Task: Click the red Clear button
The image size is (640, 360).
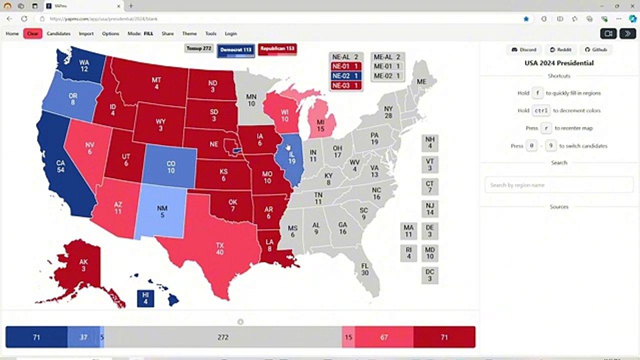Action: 32,33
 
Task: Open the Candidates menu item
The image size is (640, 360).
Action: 58,33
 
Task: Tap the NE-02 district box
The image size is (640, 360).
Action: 345,76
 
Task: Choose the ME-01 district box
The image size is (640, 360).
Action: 387,66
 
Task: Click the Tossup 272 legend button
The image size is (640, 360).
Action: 199,48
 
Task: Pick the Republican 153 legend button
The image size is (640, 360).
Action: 277,49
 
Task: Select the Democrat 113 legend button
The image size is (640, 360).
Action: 236,50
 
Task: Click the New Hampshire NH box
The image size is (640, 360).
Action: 429,143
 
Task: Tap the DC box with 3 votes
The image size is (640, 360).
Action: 429,275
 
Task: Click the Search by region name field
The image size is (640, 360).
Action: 558,185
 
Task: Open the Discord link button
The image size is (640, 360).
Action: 523,49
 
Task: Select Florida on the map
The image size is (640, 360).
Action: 365,270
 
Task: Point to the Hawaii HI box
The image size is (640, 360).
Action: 145,298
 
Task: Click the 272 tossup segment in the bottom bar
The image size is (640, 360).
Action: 223,337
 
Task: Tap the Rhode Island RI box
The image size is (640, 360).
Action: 408,253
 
